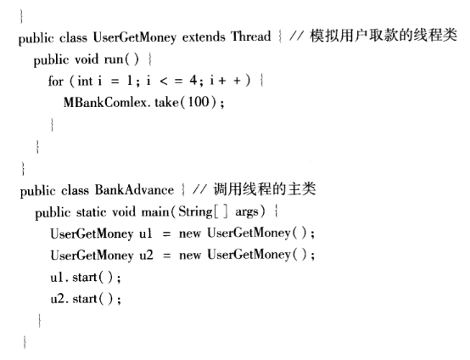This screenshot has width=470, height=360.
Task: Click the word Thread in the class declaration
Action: tap(250, 37)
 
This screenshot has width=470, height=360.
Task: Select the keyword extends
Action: tap(204, 37)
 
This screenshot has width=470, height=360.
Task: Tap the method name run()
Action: tap(121, 59)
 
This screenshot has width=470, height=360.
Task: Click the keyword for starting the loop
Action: tap(56, 81)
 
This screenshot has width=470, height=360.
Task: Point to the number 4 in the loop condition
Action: tap(193, 81)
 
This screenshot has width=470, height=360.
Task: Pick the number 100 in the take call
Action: tap(199, 102)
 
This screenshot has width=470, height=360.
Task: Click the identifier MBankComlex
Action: tap(105, 103)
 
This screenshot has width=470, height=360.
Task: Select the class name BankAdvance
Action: tap(134, 190)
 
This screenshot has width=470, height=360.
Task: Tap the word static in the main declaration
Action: tap(91, 212)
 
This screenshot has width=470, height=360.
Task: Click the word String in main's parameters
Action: tap(195, 212)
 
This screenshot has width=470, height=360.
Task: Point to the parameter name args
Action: tap(246, 212)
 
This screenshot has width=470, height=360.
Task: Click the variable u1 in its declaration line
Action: tap(146, 233)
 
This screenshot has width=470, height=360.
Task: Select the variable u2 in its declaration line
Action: tap(146, 256)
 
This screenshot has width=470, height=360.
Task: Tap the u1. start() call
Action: tap(86, 277)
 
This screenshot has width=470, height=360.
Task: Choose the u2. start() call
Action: tap(86, 299)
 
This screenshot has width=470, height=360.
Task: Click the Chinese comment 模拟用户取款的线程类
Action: tap(383, 36)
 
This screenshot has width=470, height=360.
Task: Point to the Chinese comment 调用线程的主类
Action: tap(265, 189)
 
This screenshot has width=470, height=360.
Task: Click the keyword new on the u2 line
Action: tap(190, 256)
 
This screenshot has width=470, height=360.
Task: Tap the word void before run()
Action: tap(87, 59)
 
